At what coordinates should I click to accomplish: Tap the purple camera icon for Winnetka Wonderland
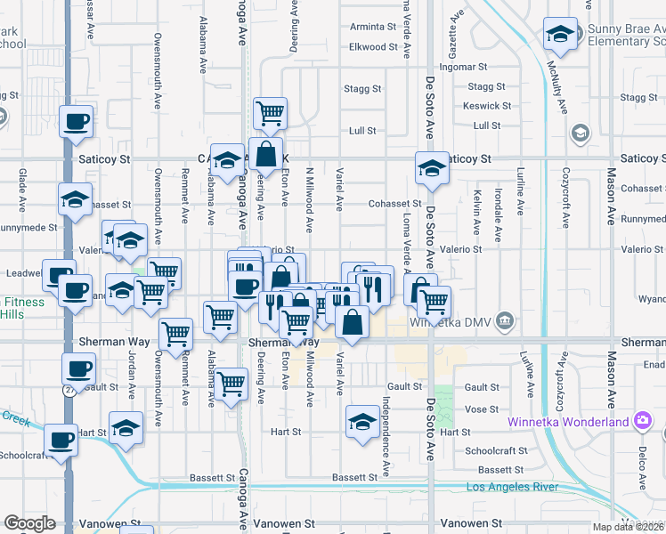tap(642, 420)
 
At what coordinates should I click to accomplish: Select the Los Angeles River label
tap(513, 487)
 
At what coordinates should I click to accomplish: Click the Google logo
tap(29, 523)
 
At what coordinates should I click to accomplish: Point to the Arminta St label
tap(373, 27)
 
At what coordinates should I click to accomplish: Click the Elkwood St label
tap(373, 46)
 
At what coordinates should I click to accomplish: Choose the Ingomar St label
tap(464, 67)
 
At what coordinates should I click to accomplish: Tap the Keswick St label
tap(487, 106)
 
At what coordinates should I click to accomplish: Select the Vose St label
tap(481, 409)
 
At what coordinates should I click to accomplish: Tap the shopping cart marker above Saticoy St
tap(270, 113)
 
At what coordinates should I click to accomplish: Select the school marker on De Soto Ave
tap(432, 168)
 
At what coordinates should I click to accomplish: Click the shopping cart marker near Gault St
tap(231, 384)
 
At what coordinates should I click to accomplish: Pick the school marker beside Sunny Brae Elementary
tap(559, 35)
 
